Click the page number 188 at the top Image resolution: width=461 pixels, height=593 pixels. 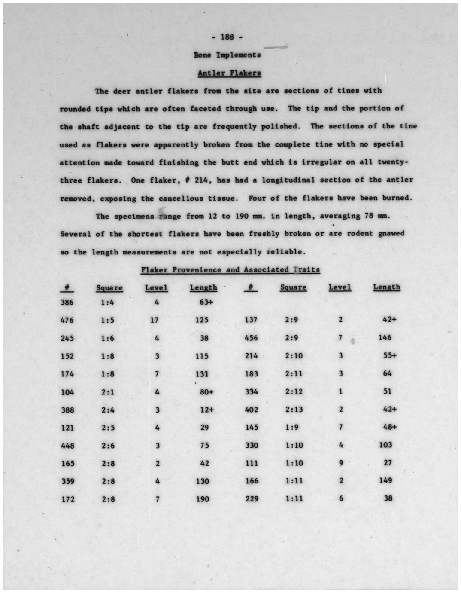click(x=227, y=37)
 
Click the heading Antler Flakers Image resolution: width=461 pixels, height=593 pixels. click(x=229, y=73)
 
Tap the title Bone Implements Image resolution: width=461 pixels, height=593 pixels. click(x=227, y=55)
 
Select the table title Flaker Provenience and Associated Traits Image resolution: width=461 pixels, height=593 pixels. click(x=230, y=270)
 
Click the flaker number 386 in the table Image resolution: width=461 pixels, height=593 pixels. click(x=67, y=303)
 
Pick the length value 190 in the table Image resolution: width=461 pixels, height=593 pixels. click(x=203, y=499)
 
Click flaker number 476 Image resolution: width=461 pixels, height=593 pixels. click(x=67, y=320)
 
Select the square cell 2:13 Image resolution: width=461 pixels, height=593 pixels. click(x=294, y=410)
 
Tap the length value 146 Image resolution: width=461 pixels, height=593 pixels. click(x=385, y=338)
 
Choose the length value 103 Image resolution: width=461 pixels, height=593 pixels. click(x=385, y=445)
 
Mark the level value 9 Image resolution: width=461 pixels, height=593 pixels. click(x=341, y=463)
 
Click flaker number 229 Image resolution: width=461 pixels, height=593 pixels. click(x=252, y=499)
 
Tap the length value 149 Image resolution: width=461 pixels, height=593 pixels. click(x=385, y=481)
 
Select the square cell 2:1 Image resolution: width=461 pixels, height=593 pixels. click(x=108, y=392)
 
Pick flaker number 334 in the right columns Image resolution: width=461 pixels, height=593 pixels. click(x=252, y=392)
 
